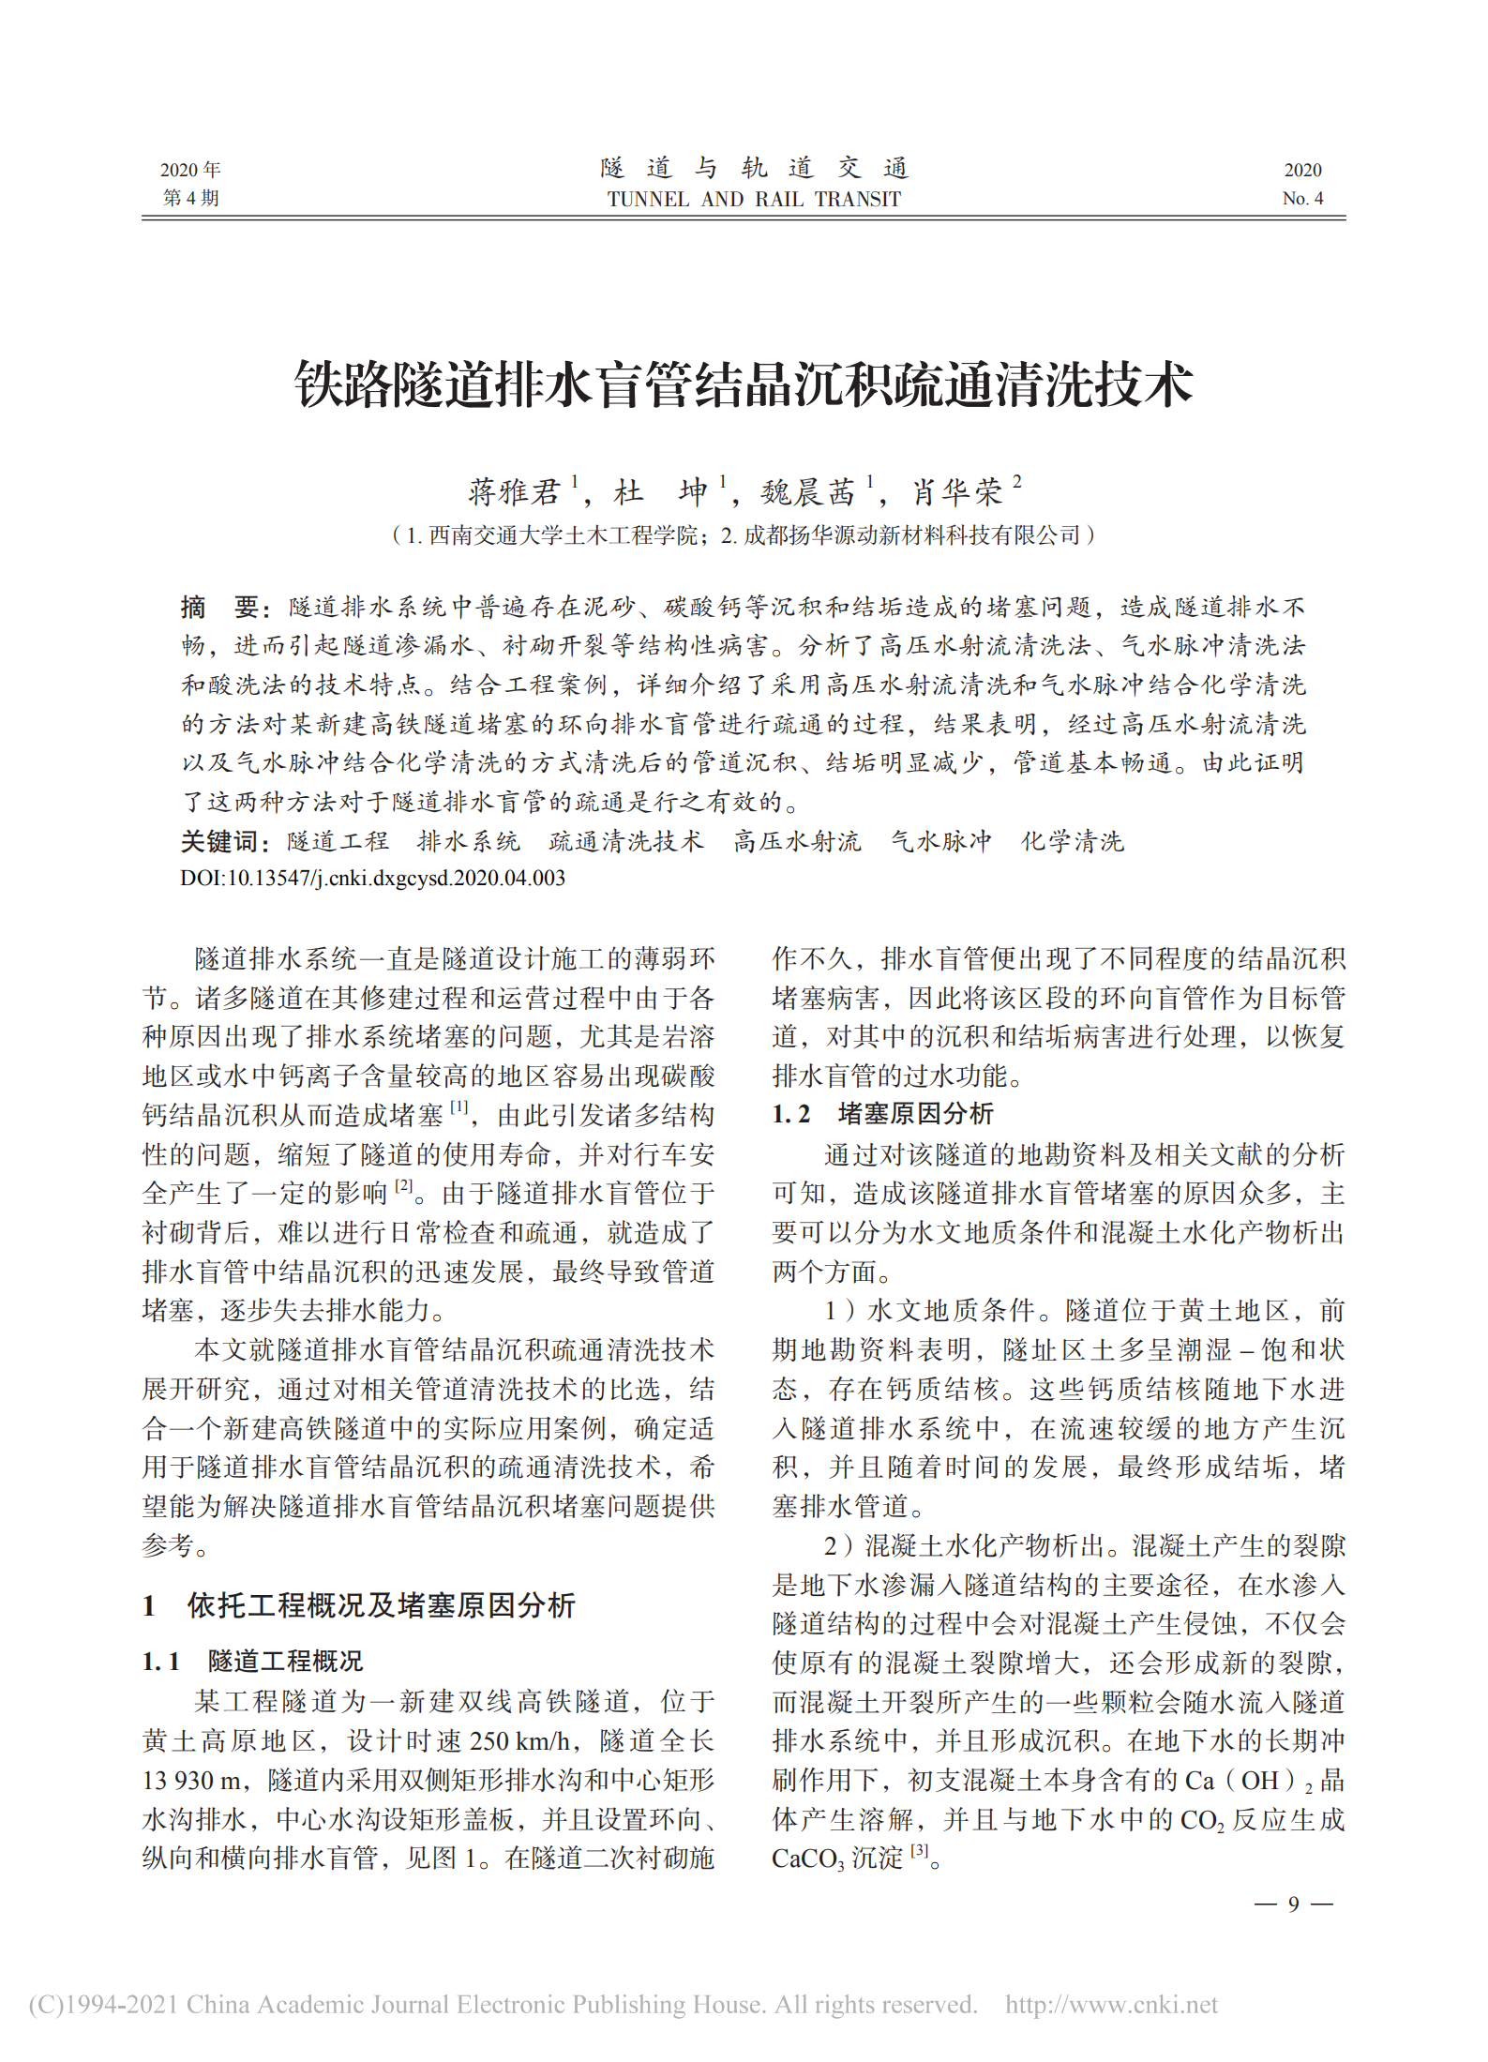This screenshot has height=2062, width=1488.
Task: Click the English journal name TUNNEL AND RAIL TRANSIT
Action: point(754,199)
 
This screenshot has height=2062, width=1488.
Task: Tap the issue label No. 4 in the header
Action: point(1302,198)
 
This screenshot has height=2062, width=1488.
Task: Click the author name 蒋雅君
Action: point(514,491)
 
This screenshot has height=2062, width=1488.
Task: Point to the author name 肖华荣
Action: point(957,491)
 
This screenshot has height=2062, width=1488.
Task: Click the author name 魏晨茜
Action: point(807,491)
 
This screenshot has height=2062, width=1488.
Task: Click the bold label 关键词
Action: point(220,841)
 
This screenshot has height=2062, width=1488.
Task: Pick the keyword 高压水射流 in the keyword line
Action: point(797,841)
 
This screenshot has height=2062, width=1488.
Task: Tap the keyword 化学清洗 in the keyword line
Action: point(1073,841)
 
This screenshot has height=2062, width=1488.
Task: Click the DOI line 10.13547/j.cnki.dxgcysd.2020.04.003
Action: point(373,878)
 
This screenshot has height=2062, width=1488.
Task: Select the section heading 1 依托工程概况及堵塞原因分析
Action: point(359,1605)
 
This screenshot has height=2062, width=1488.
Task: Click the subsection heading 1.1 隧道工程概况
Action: point(252,1661)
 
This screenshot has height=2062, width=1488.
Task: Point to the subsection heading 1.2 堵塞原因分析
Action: point(882,1113)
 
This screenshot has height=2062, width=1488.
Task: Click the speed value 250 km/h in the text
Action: point(519,1740)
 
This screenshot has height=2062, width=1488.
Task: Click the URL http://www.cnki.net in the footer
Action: point(1111,2005)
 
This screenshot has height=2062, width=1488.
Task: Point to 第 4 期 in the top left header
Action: point(190,198)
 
